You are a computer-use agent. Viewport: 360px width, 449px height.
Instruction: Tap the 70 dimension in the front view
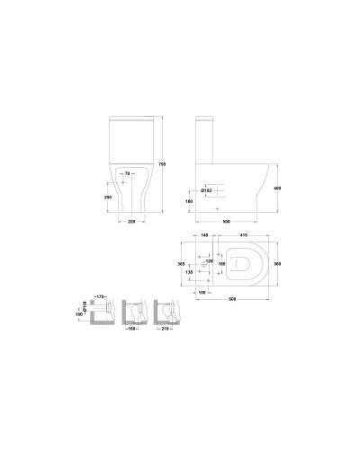tap(129, 172)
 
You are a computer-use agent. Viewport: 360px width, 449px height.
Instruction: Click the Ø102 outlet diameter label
tap(205, 190)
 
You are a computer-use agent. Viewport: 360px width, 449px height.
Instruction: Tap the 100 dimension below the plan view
tap(203, 290)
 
